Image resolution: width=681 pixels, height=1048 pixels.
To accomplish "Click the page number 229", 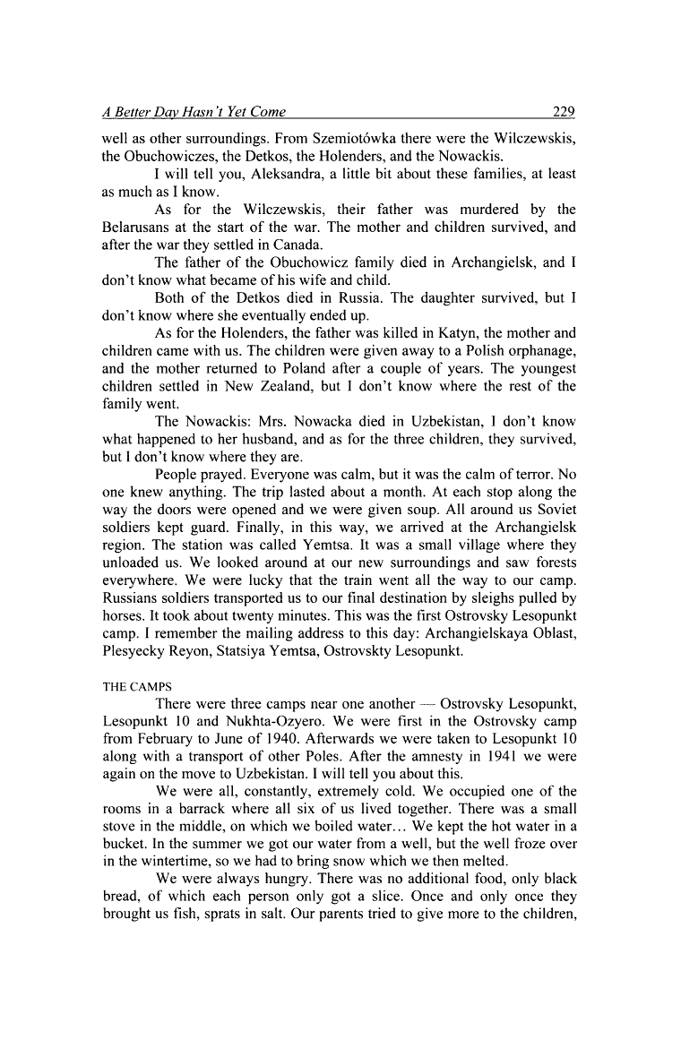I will [x=564, y=112].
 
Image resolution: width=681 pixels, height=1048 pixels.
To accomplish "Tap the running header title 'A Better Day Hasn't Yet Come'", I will [x=194, y=112].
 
